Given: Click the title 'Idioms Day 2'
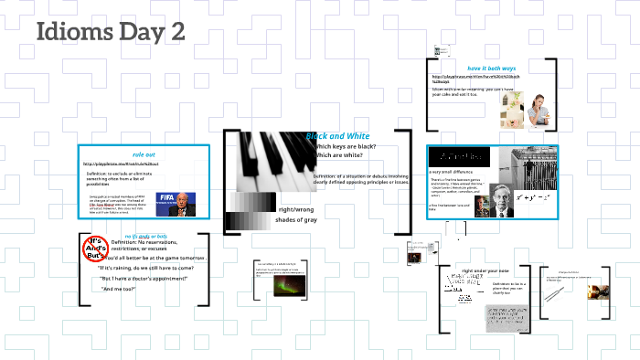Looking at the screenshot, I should click(110, 32).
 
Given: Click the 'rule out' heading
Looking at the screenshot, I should click(144, 154).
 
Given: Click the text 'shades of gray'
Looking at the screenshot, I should click(295, 220).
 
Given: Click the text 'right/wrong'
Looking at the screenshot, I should click(295, 208).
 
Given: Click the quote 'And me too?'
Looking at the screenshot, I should click(118, 289).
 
